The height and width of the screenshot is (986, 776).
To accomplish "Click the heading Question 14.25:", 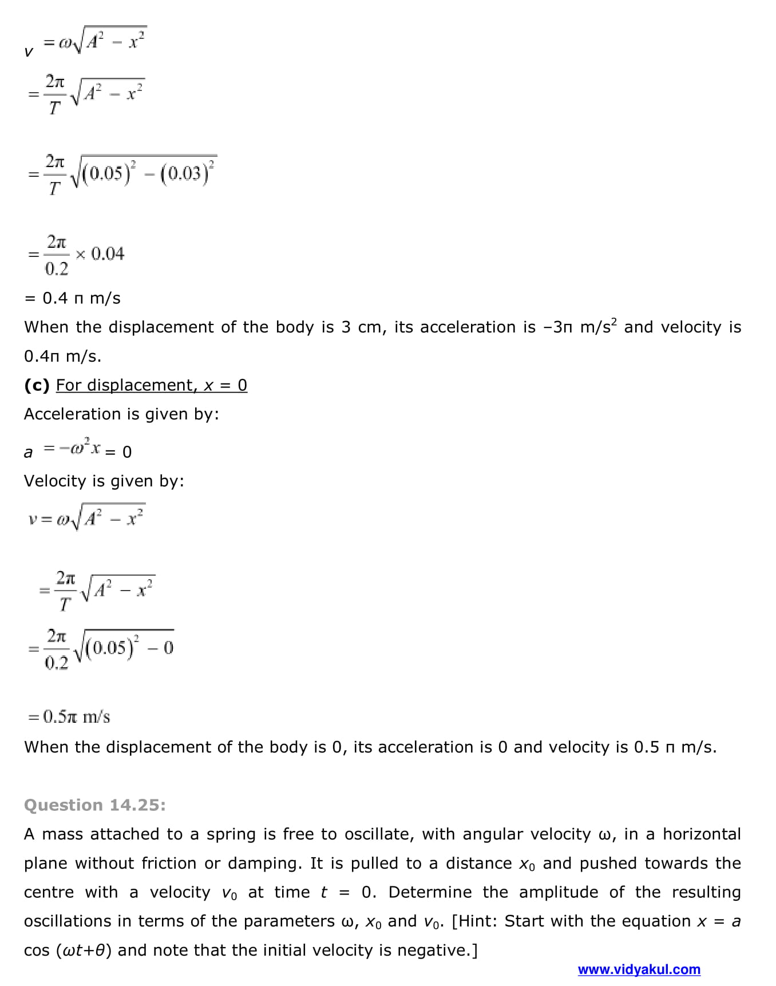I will click(94, 805).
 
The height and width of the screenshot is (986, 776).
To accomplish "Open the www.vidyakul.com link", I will click(639, 969).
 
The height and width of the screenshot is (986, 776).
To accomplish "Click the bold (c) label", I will click(37, 385).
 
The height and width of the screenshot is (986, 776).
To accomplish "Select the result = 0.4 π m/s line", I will click(73, 298).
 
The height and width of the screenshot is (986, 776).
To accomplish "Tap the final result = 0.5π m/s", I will click(69, 717).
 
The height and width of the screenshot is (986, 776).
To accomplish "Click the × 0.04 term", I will click(100, 254).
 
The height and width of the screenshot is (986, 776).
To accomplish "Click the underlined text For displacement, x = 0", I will click(152, 385).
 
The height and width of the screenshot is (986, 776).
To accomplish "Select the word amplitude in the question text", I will click(559, 892).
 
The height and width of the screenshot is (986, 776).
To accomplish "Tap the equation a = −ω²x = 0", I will click(78, 450).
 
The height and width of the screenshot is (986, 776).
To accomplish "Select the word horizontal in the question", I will click(702, 834).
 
